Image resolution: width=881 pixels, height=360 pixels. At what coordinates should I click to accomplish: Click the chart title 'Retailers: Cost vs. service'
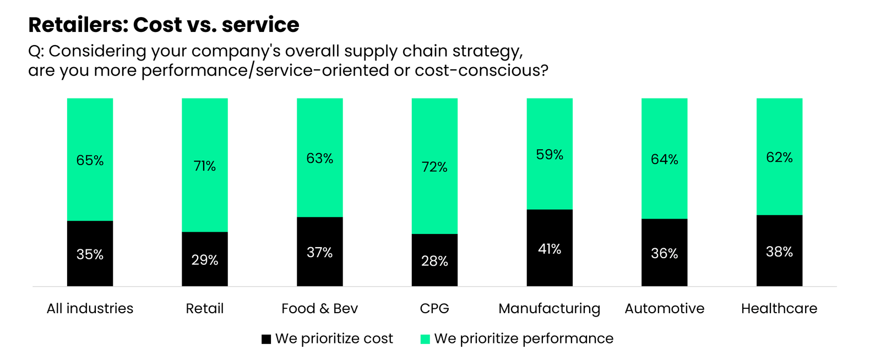pos(164,25)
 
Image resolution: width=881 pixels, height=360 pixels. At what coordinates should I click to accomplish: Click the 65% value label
pos(90,160)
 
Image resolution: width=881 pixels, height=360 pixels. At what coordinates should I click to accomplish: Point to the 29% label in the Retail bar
pos(205,260)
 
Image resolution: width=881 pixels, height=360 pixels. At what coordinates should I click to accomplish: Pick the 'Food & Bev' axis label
pos(319,308)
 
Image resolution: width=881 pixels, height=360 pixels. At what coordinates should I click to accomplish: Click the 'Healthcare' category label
pos(779,308)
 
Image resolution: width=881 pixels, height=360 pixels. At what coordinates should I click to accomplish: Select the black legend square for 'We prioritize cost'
pos(266,339)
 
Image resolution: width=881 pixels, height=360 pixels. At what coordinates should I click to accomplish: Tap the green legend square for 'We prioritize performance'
pos(425,339)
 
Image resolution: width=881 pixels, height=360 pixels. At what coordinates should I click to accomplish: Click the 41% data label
pos(550,249)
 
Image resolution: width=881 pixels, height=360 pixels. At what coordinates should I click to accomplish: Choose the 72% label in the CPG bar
pos(434,167)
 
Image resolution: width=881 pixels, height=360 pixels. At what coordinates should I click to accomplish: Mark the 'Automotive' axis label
pos(664,308)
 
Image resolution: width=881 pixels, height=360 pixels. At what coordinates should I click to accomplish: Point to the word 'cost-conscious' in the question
pos(478,70)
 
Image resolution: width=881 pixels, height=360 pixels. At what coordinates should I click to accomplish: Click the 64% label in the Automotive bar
pos(664,160)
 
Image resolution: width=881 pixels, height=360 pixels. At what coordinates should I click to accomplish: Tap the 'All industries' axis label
pos(90,308)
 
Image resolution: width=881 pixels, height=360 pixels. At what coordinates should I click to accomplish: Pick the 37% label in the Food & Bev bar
pos(319,252)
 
